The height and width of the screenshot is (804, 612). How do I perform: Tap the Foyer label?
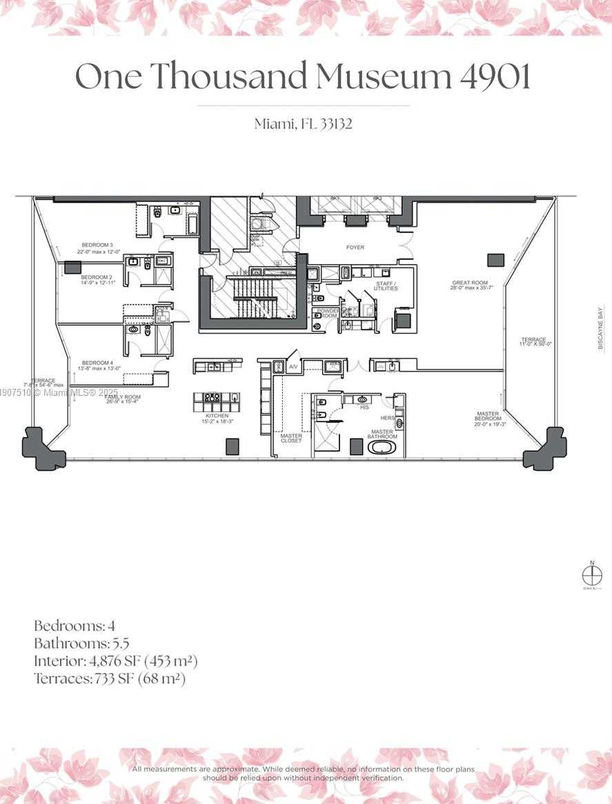click(355, 247)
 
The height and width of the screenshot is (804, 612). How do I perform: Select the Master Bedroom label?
click(488, 416)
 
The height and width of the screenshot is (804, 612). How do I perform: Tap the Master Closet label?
click(290, 438)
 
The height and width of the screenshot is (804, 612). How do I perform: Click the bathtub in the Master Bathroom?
click(381, 448)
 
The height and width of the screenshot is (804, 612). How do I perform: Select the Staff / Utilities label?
click(386, 285)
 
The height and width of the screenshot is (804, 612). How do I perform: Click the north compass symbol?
click(590, 574)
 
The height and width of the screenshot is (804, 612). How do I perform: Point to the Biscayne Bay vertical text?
click(600, 328)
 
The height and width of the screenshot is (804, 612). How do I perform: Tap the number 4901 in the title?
click(495, 76)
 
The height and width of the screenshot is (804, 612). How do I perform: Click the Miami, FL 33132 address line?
click(304, 124)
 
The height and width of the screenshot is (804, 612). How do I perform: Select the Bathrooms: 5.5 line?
click(81, 643)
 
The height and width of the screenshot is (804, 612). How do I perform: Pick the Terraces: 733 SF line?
click(110, 679)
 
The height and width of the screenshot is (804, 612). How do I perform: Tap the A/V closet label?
click(293, 366)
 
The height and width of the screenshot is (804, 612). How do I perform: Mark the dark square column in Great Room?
click(495, 260)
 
